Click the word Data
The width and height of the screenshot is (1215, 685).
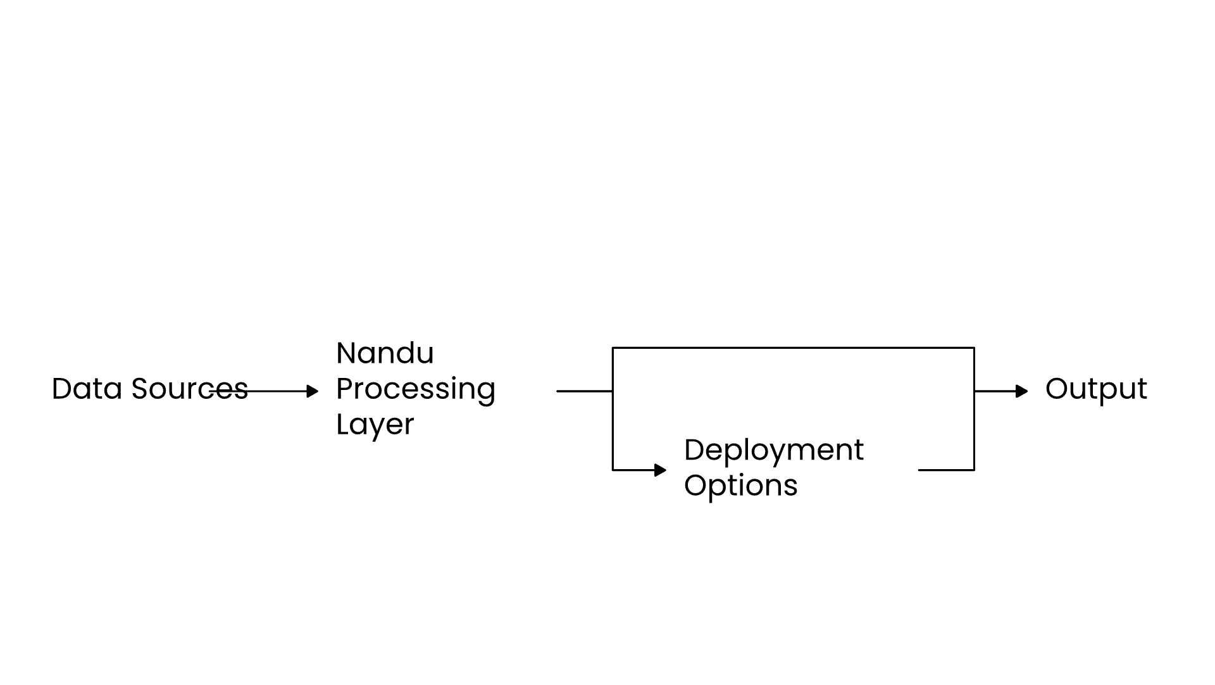point(87,389)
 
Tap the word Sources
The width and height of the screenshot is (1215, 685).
point(189,389)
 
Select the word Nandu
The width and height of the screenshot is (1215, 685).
point(385,353)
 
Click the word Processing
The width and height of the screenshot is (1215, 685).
point(415,389)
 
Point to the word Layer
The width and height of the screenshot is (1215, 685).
point(375,424)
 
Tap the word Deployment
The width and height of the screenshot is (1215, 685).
point(773,450)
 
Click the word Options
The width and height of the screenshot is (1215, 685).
point(740,486)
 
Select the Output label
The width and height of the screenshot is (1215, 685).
point(1095,389)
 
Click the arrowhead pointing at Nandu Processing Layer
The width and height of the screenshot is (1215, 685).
point(313,391)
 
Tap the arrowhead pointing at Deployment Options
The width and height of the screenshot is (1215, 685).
point(661,470)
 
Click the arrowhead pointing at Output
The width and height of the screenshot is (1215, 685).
point(1022,391)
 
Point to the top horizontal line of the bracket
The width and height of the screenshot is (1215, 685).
point(793,348)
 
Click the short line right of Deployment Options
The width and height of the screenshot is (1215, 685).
point(945,470)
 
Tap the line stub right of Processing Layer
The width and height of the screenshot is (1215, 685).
point(583,391)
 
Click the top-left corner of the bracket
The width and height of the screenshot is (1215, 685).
point(613,348)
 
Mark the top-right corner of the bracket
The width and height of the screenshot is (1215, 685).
point(974,348)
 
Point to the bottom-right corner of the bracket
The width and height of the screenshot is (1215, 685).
point(974,470)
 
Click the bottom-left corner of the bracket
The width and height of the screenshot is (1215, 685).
point(613,470)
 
